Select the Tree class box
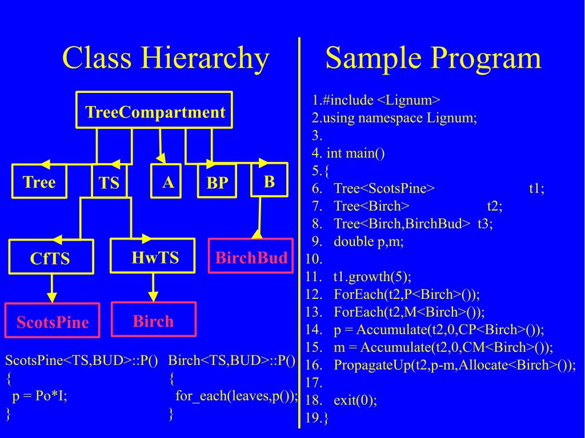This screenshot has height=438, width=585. pos(39,182)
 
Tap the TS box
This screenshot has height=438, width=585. pos(109,182)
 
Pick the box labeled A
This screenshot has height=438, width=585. pos(167,182)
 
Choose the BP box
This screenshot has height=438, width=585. pos(217,182)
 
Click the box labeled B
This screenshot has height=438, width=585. pos(269,181)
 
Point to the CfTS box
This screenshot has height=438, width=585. pos(50,258)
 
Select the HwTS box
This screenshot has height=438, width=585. pos(155,257)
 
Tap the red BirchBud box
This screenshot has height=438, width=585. pos(251,257)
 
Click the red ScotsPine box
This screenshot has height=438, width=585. pos(53,321)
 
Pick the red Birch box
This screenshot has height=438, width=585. pos(153,320)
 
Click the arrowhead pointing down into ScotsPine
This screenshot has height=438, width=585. pos(52,297)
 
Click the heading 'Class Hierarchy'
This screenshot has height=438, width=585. pos(165,58)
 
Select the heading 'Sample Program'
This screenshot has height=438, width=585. pos(433,58)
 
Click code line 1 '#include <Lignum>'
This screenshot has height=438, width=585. pos(376,100)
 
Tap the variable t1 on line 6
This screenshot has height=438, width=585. pos(536,189)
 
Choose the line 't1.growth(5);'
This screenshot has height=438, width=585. pos(371,277)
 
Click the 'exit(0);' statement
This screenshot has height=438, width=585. pos(355,400)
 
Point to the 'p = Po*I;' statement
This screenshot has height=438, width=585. pos(39,396)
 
